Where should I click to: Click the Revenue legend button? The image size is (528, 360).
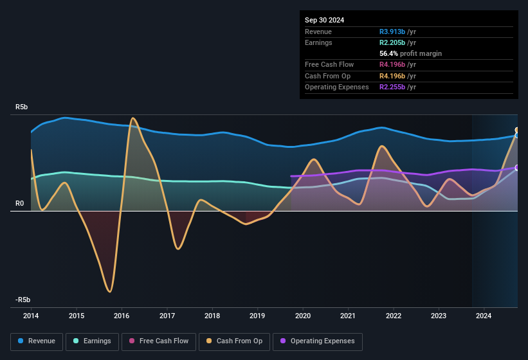coord(37,341)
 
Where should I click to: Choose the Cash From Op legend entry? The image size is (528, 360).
coord(234,341)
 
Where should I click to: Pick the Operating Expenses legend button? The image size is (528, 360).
coord(318,341)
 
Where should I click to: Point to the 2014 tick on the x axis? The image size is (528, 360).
coord(31,316)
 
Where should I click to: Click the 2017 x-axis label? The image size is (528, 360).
coord(167,316)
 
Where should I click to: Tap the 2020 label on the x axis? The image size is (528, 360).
coord(303,316)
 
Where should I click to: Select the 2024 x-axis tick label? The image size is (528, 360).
coord(484,316)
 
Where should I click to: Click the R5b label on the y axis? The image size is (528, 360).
coord(22,107)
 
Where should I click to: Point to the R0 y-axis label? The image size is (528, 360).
coord(20,204)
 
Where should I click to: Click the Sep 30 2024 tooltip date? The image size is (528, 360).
coord(324,20)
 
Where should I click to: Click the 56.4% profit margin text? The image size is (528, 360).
coord(410,53)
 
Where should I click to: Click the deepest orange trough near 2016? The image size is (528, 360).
coord(110,291)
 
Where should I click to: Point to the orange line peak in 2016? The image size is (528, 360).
coord(132,118)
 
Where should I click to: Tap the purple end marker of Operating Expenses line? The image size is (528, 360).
coord(517,168)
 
